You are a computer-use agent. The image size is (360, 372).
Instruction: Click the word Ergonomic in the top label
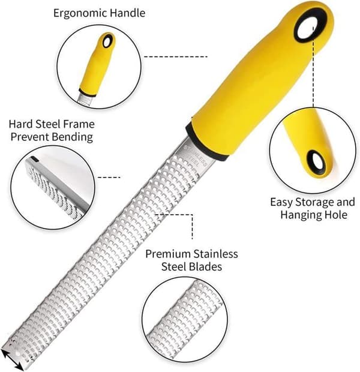pos(80,13)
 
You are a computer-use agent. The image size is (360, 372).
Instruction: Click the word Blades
pos(205,266)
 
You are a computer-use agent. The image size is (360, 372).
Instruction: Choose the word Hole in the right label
pos(336,214)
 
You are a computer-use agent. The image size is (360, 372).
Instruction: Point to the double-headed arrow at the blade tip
pos(13,359)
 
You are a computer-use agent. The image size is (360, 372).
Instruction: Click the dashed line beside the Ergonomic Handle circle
pos(176,57)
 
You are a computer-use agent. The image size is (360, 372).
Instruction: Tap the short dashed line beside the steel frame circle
pos(109,177)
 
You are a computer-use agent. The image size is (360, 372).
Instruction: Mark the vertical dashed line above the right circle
pos(313,67)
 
